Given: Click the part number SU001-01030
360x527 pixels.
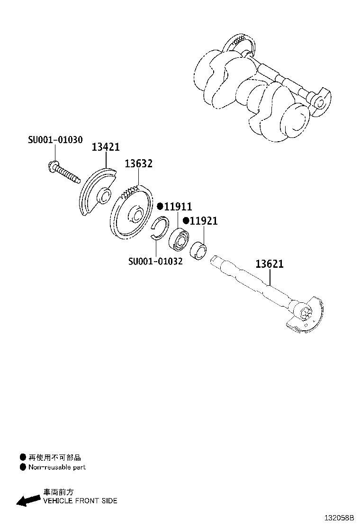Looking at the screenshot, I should tap(55, 140).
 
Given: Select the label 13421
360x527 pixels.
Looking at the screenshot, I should tap(105, 147).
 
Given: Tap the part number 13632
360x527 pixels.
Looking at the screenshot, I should tap(138, 164).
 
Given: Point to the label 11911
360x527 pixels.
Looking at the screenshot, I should tap(178, 207).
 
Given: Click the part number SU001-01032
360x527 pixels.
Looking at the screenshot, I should tap(155, 262).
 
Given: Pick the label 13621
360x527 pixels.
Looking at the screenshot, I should tap(270, 264).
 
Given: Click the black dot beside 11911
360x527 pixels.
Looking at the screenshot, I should tap(160, 207).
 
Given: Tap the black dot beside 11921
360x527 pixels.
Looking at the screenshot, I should tap(186, 221).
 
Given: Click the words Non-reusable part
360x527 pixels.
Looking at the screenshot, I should tap(57, 467).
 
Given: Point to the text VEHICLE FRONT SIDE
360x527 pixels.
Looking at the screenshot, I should tap(80, 500).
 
